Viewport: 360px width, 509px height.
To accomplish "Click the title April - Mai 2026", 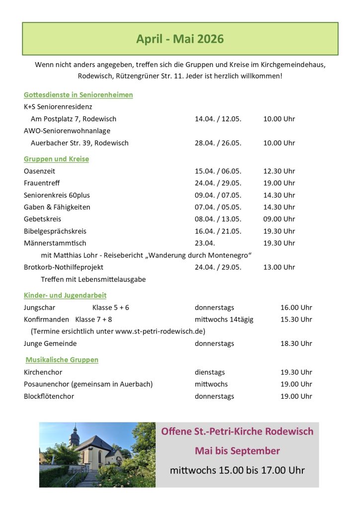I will tap(180, 39).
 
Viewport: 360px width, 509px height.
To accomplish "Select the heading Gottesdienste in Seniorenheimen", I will tap(78, 94).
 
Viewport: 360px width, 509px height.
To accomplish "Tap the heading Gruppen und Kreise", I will tap(56, 159).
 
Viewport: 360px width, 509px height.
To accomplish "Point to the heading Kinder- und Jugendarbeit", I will tap(65, 295).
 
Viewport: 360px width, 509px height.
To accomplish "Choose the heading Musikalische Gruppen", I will tap(62, 359).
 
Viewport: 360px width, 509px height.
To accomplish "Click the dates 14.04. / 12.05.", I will tap(218, 119).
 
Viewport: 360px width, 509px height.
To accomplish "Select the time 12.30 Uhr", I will tap(279, 171).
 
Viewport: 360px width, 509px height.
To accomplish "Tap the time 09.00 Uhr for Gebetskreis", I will tap(279, 219).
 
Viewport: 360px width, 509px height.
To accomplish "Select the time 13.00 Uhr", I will tap(279, 267).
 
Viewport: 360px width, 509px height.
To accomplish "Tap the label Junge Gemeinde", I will tap(50, 343).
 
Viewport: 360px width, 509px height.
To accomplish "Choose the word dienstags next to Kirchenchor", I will tap(210, 372).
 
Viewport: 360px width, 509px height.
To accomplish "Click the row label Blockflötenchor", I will tap(49, 396).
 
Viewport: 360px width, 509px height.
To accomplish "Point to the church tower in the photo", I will tap(75, 436).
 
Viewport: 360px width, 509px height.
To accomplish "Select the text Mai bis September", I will tap(237, 451).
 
